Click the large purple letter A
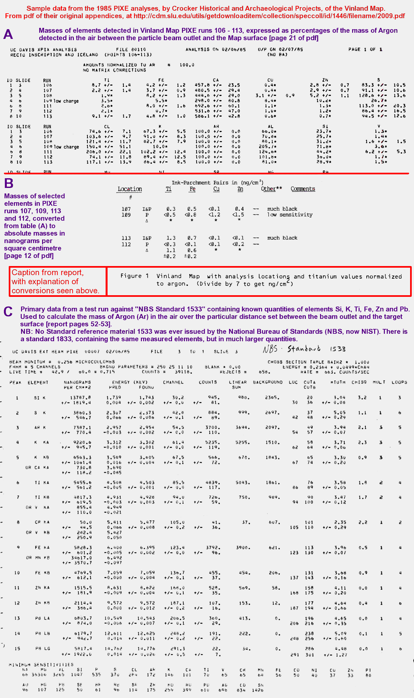coord(8,34)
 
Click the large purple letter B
coord(9,183)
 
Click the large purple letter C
coord(8,312)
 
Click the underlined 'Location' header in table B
coord(130,189)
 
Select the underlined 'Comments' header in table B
coord(303,189)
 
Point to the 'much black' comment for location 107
coord(282,209)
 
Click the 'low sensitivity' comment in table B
coord(290,215)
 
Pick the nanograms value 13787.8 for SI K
coord(80,397)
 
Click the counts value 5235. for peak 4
coord(213,442)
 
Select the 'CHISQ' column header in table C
coord(359,382)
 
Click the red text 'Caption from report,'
coord(48,273)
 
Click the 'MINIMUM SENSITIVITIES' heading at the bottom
coord(41,665)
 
